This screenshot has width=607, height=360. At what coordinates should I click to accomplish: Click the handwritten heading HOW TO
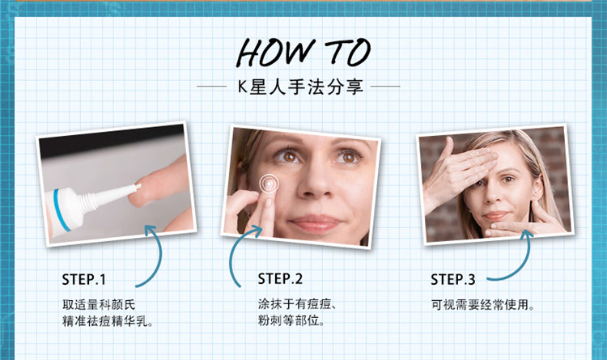[x=303, y=53]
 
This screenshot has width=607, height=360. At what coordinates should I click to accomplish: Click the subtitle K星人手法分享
[x=300, y=87]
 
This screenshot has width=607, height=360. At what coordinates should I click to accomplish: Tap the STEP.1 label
[x=83, y=279]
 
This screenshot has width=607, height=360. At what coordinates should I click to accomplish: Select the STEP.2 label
[x=280, y=279]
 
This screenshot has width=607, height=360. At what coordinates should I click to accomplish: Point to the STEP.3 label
[x=453, y=279]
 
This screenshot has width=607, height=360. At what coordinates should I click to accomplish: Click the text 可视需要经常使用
[x=482, y=305]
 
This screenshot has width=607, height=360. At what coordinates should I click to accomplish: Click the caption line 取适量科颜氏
[x=99, y=305]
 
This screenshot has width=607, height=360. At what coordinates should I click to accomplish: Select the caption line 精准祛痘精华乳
[x=107, y=321]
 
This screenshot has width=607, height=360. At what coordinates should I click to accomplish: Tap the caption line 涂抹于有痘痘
[x=297, y=304]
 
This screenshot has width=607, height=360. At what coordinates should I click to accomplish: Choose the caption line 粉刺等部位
[x=291, y=320]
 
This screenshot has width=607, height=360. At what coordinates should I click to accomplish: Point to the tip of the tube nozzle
[x=138, y=186]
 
